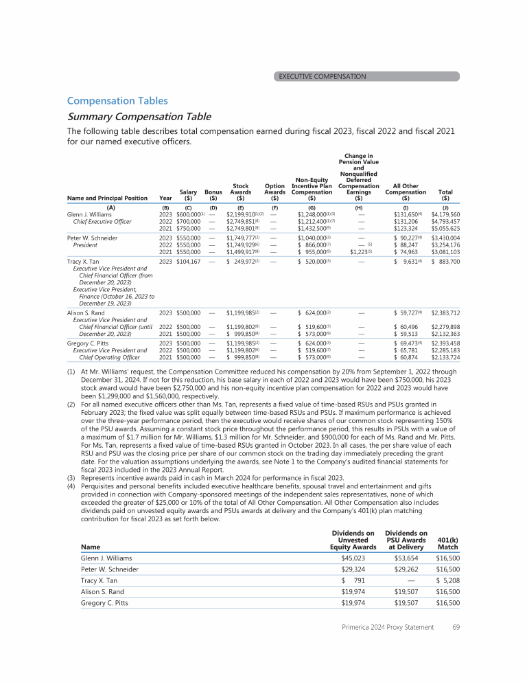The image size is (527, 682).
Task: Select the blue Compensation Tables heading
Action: (117, 101)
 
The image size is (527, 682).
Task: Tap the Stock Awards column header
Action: (241, 192)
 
